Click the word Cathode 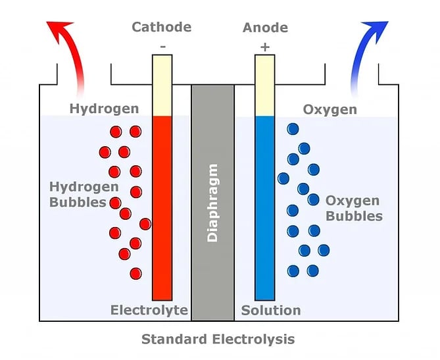162,27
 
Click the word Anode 265,28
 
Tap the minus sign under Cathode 162,47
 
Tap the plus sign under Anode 265,47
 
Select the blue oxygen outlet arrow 370,46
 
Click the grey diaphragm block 212,263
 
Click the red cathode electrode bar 162,211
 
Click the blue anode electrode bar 265,211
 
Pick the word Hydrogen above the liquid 104,109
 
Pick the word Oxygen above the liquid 330,109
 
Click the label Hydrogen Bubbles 78,194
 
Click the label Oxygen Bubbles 353,208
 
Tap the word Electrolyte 149,310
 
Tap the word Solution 271,310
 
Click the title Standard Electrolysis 218,340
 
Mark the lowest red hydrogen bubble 136,272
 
